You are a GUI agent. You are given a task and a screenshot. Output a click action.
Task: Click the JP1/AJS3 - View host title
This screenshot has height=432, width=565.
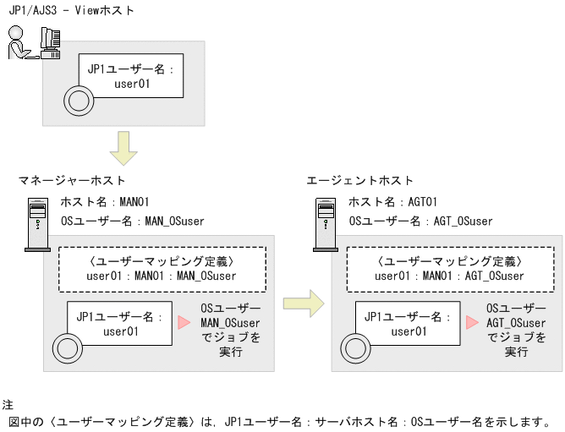click(71, 10)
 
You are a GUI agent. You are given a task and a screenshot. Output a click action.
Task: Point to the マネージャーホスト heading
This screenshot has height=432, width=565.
click(72, 180)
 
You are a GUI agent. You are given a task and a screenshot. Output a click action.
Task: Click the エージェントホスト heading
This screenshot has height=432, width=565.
click(360, 180)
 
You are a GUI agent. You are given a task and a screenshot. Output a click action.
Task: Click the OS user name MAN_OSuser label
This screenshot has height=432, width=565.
click(133, 221)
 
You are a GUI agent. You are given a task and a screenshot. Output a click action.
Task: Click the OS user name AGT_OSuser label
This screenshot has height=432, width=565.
click(420, 221)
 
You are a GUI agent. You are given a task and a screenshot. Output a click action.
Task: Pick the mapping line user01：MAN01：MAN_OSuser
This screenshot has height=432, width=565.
click(162, 276)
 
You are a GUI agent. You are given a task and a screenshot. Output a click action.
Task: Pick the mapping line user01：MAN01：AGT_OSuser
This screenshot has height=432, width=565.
click(449, 276)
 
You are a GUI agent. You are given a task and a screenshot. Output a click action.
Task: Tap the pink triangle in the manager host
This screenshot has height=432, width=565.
click(184, 322)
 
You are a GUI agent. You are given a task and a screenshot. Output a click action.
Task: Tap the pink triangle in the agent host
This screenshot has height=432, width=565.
click(471, 322)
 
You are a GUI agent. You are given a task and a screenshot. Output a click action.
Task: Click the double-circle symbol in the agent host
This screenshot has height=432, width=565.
click(354, 347)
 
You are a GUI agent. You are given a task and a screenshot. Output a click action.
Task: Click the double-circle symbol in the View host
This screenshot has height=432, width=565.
click(79, 102)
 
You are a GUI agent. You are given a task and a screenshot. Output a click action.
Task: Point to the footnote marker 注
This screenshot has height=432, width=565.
click(8, 405)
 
